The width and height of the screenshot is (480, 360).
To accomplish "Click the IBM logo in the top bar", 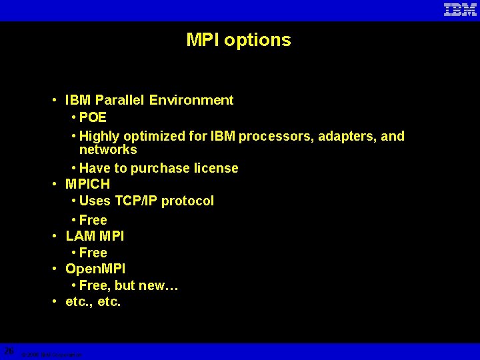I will pyautogui.click(x=460, y=10).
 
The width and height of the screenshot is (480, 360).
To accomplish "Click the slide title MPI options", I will pyautogui.click(x=239, y=40).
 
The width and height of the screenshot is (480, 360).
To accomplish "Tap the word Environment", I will pyautogui.click(x=191, y=101).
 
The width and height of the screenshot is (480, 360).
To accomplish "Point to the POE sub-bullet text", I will pyautogui.click(x=93, y=118).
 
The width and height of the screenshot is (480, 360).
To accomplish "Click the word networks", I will pyautogui.click(x=108, y=150).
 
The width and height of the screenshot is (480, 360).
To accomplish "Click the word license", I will pyautogui.click(x=215, y=169).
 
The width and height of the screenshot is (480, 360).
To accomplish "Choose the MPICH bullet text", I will pyautogui.click(x=87, y=183).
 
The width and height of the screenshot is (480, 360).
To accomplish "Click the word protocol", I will pyautogui.click(x=191, y=201).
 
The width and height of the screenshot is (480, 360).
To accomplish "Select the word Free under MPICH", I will pyautogui.click(x=93, y=220).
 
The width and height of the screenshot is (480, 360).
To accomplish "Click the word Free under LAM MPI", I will pyautogui.click(x=93, y=253).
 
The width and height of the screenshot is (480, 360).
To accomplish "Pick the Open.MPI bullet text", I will pyautogui.click(x=95, y=269).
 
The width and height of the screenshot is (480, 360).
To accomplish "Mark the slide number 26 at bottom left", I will pyautogui.click(x=9, y=351).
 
